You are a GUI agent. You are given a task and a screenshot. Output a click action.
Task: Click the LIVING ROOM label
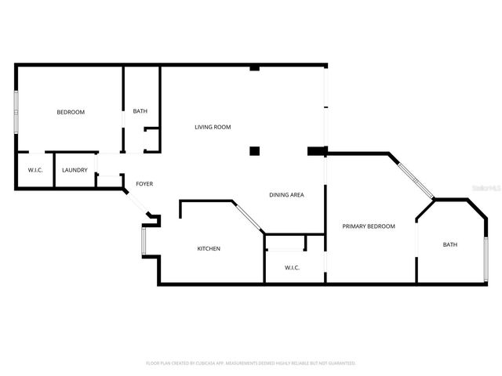[x=213, y=127]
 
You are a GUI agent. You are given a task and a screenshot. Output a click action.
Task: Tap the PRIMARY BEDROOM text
[x=369, y=226]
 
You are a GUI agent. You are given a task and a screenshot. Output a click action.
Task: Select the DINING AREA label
[x=286, y=195]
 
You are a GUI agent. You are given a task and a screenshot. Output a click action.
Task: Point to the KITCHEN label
[x=209, y=248]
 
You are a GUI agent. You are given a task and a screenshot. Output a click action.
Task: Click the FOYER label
[x=144, y=184]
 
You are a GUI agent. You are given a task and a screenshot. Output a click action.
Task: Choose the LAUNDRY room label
[x=75, y=170]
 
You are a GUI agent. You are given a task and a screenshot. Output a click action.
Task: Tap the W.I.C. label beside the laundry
[x=35, y=170]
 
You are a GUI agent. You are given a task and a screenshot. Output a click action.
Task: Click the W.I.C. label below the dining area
[x=292, y=268]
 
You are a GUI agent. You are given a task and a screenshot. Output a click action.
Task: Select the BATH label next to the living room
[x=140, y=111]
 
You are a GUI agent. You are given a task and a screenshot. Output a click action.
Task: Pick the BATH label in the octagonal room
[x=450, y=244]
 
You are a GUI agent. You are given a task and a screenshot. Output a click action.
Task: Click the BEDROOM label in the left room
[x=71, y=112]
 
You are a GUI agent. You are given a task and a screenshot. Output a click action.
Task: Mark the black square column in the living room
[x=254, y=150]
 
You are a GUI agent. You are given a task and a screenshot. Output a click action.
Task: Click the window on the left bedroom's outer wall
[x=16, y=111]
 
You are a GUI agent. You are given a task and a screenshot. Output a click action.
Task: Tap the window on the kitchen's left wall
[x=143, y=241]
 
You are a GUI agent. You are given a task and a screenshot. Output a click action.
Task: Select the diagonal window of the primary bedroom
[x=413, y=178]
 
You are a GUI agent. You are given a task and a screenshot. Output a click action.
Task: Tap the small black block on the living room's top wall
[x=254, y=68]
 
